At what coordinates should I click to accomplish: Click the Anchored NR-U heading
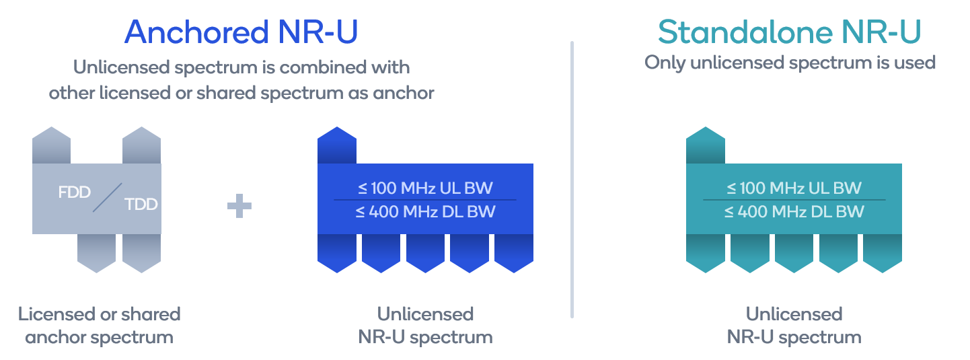241,32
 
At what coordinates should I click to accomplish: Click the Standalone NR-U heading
789,32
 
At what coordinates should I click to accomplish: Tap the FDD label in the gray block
74,192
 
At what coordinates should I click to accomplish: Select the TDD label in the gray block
141,204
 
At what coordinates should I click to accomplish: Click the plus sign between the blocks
239,207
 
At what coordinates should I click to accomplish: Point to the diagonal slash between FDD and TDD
107,198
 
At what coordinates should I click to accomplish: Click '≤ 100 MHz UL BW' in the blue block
425,188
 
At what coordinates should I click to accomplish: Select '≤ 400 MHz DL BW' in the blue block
425,212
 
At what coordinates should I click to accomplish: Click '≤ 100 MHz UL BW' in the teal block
794,188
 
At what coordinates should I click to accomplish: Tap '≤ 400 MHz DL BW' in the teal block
794,212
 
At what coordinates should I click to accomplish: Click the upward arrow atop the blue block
336,145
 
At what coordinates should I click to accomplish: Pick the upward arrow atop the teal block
705,145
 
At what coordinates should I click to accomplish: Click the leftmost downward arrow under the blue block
336,253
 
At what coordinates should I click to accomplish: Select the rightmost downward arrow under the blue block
514,253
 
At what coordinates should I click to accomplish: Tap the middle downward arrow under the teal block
794,253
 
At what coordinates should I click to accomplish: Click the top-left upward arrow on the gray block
51,145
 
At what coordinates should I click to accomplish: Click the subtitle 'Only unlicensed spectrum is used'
790,63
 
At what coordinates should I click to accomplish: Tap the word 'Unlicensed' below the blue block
425,314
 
